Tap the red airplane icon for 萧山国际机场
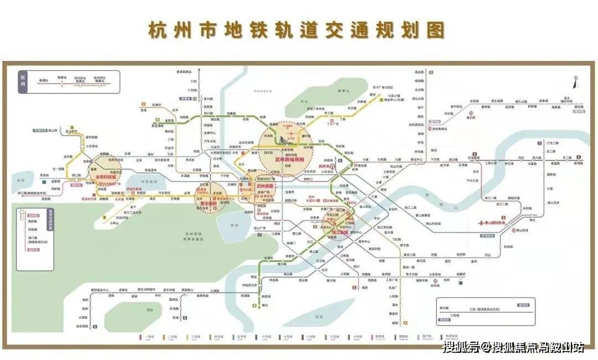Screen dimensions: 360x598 tap(480, 223)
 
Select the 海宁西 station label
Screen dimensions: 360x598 tap(471, 118)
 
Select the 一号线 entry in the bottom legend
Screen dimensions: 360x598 tap(148, 336)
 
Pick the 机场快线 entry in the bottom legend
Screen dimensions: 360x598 tap(445, 336)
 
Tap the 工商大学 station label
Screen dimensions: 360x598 tap(491, 164)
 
